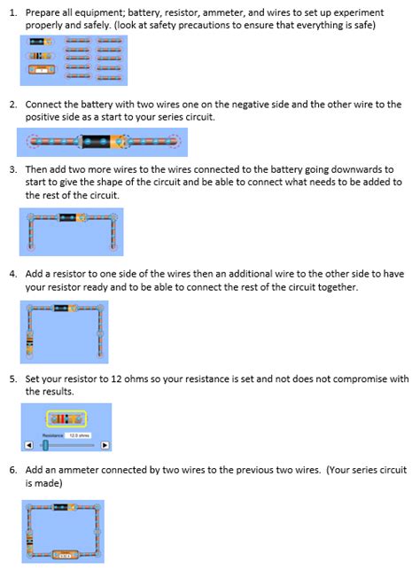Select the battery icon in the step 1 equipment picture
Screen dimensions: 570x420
click(x=41, y=42)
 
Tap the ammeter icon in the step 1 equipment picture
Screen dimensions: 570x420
click(x=41, y=68)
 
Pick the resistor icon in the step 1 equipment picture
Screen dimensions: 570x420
click(x=41, y=55)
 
